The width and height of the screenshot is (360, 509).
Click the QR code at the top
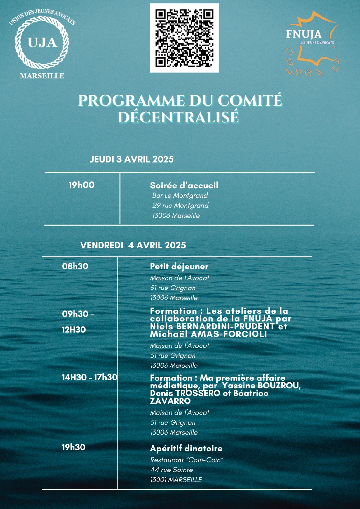184,38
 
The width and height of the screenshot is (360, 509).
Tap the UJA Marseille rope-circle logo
42,43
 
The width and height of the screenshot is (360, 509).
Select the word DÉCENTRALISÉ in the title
178,117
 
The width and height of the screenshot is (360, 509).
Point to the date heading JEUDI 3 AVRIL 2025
132,159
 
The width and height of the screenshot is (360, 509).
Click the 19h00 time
81,185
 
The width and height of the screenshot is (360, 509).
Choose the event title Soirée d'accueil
184,185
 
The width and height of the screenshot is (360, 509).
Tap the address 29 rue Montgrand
180,206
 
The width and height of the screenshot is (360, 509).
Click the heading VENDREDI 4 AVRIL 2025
133,245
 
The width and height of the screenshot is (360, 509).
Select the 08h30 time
75,266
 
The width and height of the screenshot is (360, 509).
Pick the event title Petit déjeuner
179,267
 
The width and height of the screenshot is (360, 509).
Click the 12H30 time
74,330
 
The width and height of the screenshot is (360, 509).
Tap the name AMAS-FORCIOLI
229,334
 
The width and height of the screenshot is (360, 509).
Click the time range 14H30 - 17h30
89,377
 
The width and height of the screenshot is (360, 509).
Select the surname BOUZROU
279,386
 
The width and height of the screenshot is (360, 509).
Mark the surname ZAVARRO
170,401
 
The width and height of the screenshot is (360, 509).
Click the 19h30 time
74,447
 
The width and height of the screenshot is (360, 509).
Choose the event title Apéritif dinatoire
186,449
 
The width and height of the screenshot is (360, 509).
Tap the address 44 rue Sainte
172,470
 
